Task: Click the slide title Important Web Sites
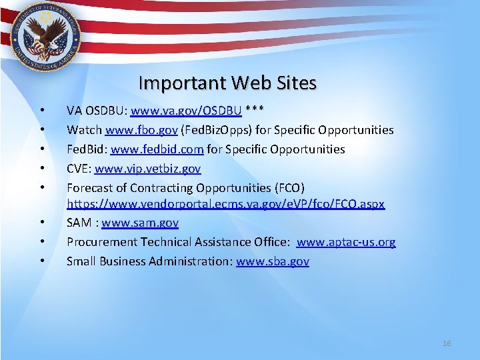click(x=227, y=83)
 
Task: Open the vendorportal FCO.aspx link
click(x=225, y=203)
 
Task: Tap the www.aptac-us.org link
click(x=346, y=241)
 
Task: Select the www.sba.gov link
click(x=273, y=261)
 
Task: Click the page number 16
click(x=447, y=343)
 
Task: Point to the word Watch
click(x=83, y=129)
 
